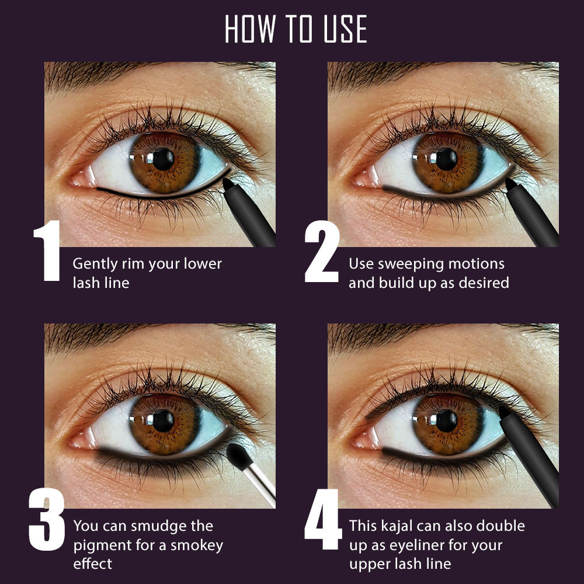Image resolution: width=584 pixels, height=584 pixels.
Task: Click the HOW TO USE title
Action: click(x=296, y=29)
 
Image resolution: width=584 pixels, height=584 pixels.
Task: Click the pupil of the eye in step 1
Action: click(x=163, y=159)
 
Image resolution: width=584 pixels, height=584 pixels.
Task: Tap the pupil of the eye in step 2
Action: click(x=447, y=159)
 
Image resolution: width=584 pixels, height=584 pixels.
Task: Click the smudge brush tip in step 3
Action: click(x=237, y=454)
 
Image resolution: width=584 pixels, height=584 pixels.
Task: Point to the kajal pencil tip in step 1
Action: click(x=228, y=183)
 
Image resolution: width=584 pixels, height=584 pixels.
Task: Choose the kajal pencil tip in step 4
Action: click(x=503, y=412)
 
